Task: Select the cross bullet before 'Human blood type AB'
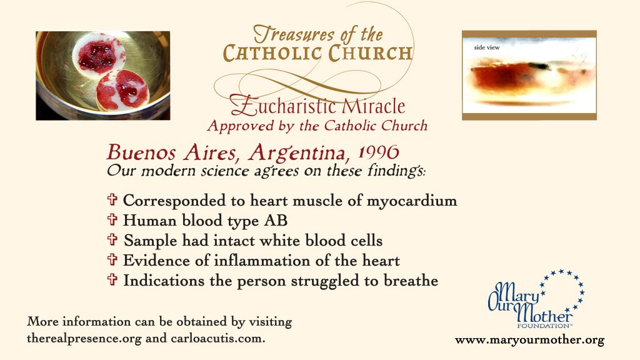click(x=112, y=219)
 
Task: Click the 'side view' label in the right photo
click(x=486, y=47)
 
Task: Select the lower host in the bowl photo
click(x=123, y=90)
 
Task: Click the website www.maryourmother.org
click(x=529, y=340)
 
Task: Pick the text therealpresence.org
click(x=84, y=338)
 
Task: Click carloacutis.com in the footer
click(x=217, y=338)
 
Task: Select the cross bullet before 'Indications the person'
click(x=112, y=279)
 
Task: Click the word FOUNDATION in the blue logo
click(x=544, y=326)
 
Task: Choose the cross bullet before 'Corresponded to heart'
click(x=112, y=199)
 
